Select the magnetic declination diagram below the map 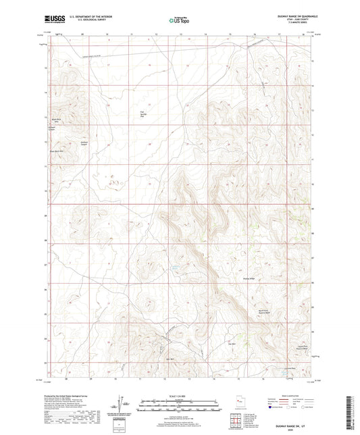pyautogui.click(x=124, y=404)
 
